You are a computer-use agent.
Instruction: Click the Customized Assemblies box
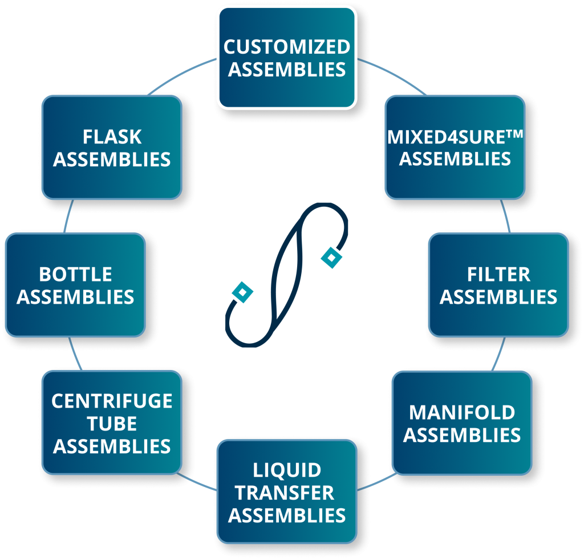pyautogui.click(x=286, y=57)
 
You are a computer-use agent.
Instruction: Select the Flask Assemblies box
pyautogui.click(x=112, y=147)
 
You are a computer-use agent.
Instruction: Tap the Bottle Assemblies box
pyautogui.click(x=75, y=284)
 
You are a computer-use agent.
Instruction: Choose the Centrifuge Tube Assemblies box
pyautogui.click(x=112, y=423)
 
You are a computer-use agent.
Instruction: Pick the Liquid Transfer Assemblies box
pyautogui.click(x=286, y=492)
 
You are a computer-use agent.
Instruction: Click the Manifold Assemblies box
pyautogui.click(x=462, y=423)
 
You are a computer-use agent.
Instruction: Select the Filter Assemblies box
pyautogui.click(x=498, y=284)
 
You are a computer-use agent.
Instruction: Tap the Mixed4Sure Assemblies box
pyautogui.click(x=455, y=147)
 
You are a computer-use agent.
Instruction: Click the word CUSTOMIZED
pyautogui.click(x=286, y=46)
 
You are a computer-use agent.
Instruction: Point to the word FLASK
pyautogui.click(x=112, y=137)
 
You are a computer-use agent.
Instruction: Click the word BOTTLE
pyautogui.click(x=75, y=274)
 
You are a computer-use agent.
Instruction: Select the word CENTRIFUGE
pyautogui.click(x=112, y=401)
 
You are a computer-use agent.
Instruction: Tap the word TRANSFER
pyautogui.click(x=286, y=493)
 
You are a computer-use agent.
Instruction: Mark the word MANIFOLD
pyautogui.click(x=462, y=412)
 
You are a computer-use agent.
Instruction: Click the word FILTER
pyautogui.click(x=498, y=274)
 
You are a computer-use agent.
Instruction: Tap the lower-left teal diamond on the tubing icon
pyautogui.click(x=243, y=292)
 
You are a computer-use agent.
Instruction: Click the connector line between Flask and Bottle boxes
pyautogui.click(x=68, y=216)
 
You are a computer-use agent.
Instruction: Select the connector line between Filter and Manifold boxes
pyautogui.click(x=498, y=354)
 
